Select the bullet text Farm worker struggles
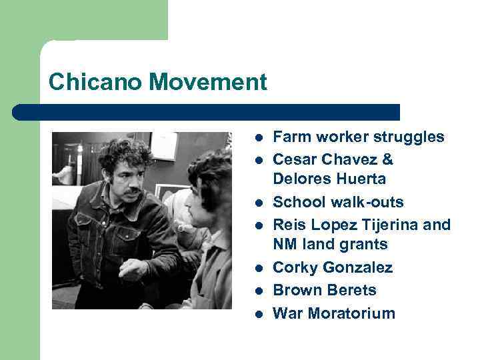[x=359, y=137]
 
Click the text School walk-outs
[x=339, y=202]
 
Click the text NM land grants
[x=330, y=244]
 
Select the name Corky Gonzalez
[x=333, y=267]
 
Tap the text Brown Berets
[x=325, y=290]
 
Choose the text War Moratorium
[x=334, y=313]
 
